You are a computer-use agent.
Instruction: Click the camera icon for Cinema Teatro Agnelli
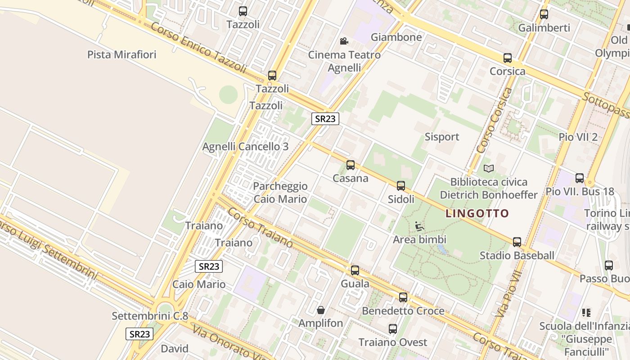pos(344,41)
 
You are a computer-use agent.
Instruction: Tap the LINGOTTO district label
pos(477,213)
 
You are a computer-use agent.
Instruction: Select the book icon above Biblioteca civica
pos(489,168)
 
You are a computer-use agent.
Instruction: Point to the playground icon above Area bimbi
pos(419,226)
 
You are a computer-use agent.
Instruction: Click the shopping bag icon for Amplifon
pos(321,310)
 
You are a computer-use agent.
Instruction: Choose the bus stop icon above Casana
pos(351,165)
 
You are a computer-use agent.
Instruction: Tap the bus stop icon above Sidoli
pos(401,185)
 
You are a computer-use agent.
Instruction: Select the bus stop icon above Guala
pos(355,270)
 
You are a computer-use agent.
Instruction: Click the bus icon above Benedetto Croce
pos(403,297)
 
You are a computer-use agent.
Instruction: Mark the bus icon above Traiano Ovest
pos(393,329)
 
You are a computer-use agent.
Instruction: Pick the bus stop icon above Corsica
pos(508,58)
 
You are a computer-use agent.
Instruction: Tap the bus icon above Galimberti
pos(544,14)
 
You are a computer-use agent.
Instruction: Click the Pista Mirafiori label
pos(121,55)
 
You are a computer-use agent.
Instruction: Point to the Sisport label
pos(442,137)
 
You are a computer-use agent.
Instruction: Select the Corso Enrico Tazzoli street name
pos(198,47)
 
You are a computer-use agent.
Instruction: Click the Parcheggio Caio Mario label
pos(280,193)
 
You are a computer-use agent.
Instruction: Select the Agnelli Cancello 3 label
pos(245,147)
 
